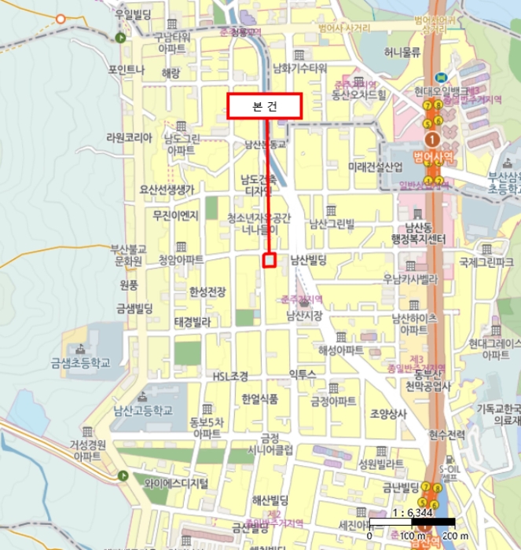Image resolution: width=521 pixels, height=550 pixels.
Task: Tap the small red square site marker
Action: click(x=269, y=260)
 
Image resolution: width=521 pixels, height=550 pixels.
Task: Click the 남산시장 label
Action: click(x=306, y=316)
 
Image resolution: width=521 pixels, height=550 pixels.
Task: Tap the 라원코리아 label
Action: click(x=128, y=137)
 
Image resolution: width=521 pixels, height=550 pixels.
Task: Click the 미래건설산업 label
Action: click(x=376, y=167)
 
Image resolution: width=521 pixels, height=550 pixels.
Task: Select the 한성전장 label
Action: click(x=207, y=291)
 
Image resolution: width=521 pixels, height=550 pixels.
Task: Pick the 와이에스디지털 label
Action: click(x=174, y=482)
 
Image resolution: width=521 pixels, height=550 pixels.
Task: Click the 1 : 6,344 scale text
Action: click(x=410, y=511)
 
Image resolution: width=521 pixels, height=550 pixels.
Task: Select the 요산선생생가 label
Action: click(x=166, y=189)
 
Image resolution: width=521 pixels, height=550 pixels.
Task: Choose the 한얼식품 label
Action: click(x=259, y=398)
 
